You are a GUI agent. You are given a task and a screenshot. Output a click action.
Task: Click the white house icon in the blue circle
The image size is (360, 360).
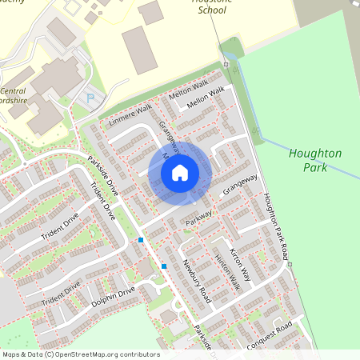tap(180, 172)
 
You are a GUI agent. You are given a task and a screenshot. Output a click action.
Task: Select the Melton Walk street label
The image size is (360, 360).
tap(188, 89)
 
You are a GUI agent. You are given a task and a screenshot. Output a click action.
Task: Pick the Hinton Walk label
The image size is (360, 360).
tap(228, 271)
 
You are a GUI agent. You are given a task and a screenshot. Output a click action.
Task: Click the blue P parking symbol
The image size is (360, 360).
tap(90, 98)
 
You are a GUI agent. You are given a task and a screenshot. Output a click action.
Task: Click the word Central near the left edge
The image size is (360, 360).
tap(14, 91)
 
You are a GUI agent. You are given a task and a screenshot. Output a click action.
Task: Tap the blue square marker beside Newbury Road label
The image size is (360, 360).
tap(164, 266)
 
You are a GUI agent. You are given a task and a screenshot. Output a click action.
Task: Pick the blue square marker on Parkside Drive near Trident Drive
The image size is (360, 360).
tap(141, 239)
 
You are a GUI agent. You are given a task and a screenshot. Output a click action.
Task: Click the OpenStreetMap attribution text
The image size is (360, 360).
tap(80, 354)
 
